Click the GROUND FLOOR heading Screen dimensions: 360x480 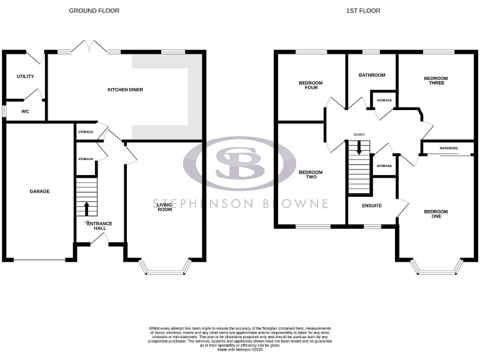(x=94, y=11)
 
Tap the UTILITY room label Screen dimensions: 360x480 (x=25, y=76)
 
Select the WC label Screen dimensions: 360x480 (x=25, y=112)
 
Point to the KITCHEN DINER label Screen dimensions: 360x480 (x=125, y=90)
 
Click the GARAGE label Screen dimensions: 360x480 (x=39, y=191)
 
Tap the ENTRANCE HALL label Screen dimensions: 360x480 (x=99, y=226)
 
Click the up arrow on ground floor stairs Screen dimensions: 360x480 (x=86, y=208)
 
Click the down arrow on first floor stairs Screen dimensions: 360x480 (x=359, y=148)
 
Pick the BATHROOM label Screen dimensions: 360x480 (x=371, y=75)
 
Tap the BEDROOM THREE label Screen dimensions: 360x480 (x=436, y=81)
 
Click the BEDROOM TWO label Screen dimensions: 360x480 (x=311, y=175)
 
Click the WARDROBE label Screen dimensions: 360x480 (x=448, y=148)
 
